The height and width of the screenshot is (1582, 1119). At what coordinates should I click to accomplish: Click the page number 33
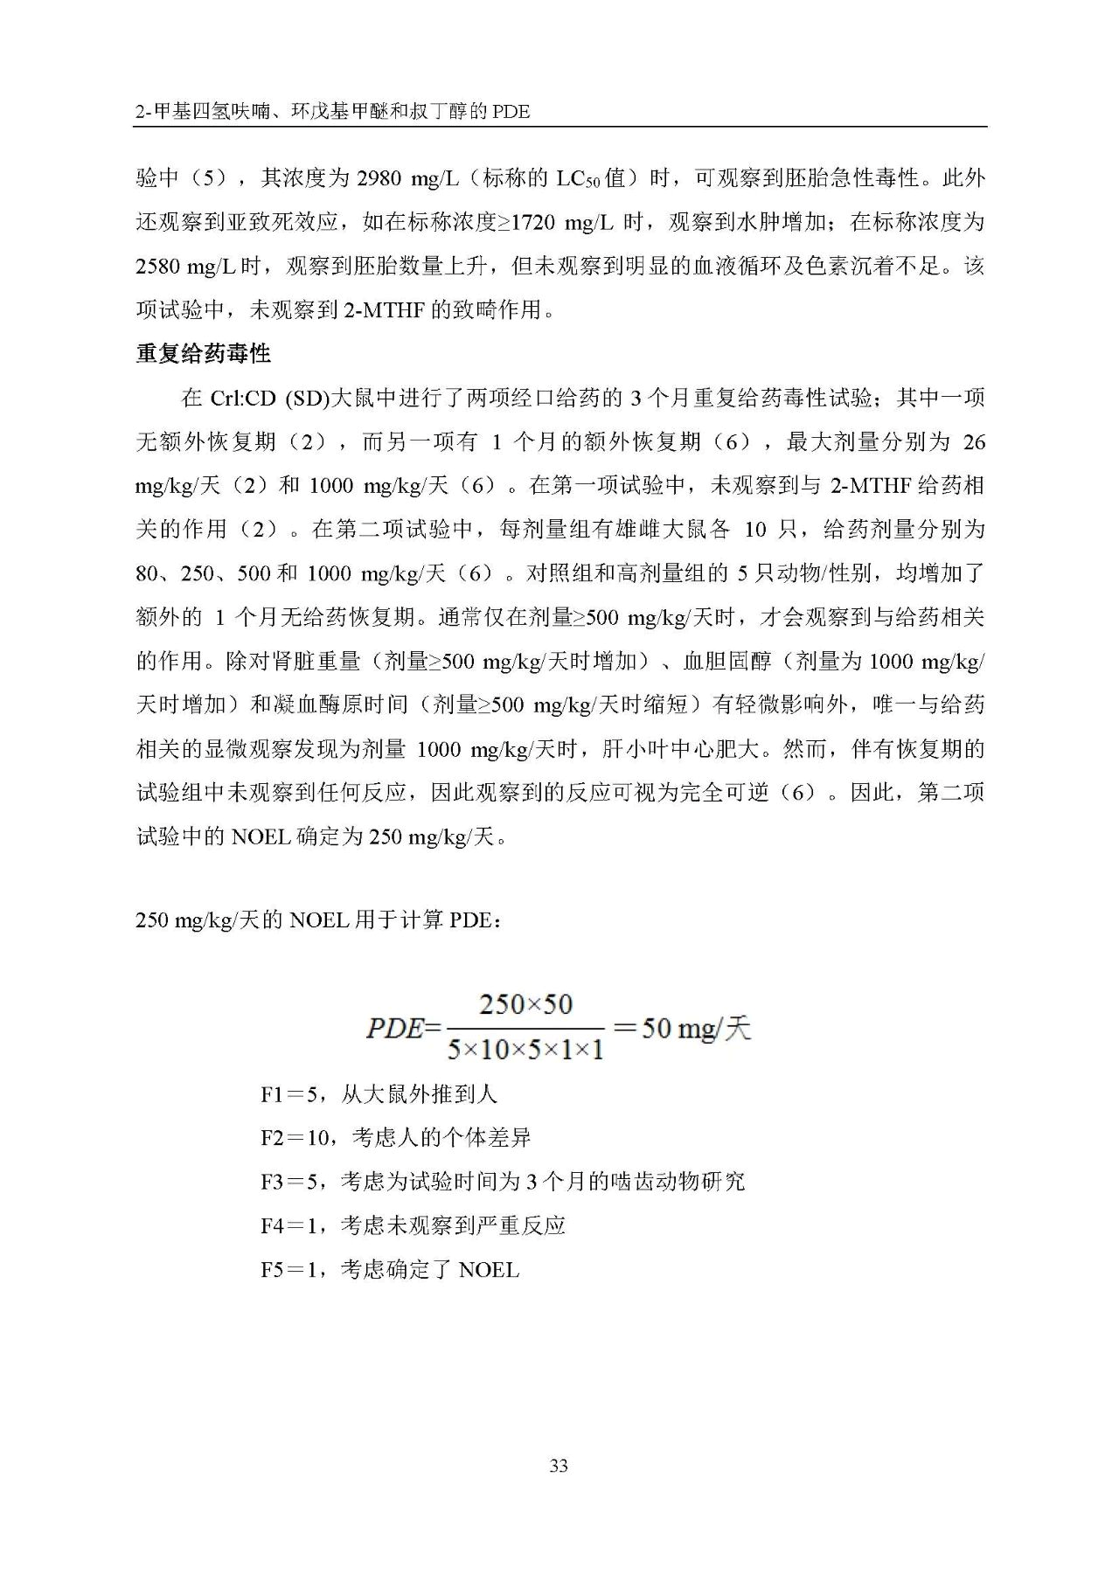[x=559, y=1466]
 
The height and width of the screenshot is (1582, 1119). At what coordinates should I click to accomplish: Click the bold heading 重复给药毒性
[x=204, y=354]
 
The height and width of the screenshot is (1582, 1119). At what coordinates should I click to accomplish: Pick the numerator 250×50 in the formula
[x=525, y=1004]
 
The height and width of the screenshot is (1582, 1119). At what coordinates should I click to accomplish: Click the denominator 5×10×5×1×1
[x=525, y=1049]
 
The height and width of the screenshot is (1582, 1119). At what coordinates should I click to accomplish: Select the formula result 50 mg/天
[x=696, y=1028]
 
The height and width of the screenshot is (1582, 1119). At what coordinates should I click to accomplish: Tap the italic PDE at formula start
[x=393, y=1028]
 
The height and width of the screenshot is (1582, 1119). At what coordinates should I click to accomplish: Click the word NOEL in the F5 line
[x=488, y=1270]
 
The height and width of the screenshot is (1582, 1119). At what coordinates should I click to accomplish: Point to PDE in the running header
[x=511, y=112]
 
